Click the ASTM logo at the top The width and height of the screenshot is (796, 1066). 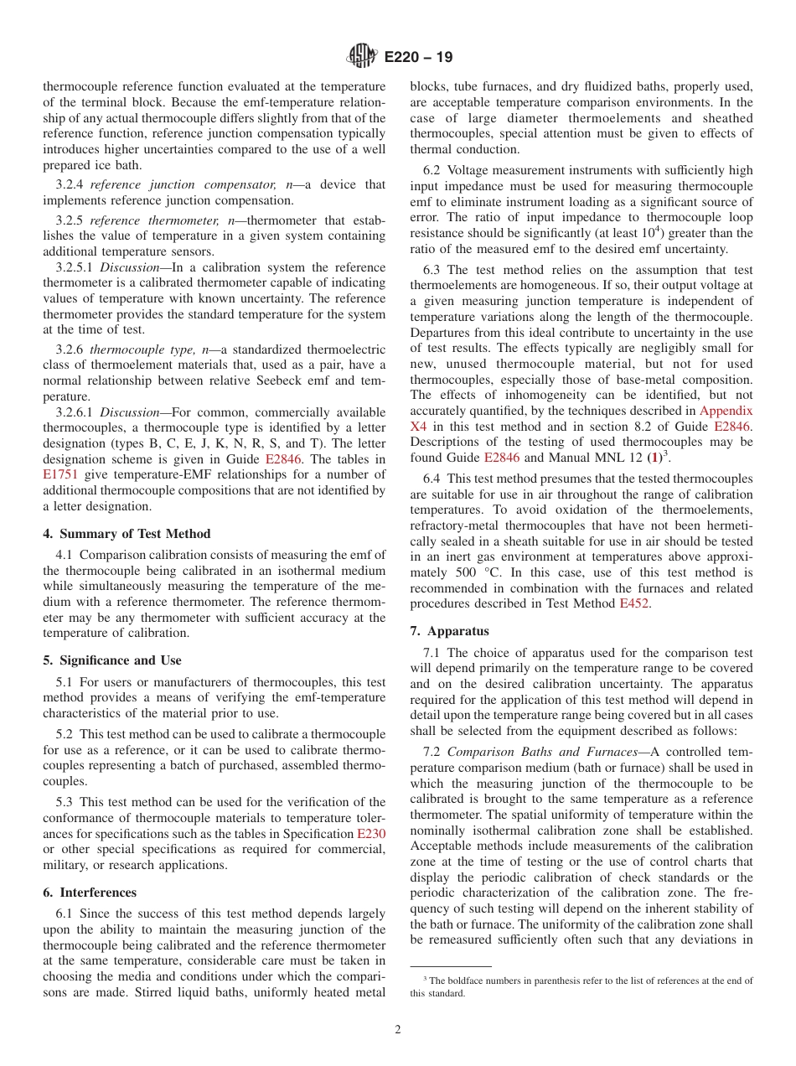click(363, 56)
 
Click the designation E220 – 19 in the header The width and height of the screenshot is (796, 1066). click(419, 57)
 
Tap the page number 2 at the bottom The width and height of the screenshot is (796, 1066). click(398, 1029)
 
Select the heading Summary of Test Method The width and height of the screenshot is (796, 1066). click(127, 534)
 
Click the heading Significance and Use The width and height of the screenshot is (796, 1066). click(112, 660)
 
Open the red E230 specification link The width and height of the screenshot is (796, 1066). click(371, 834)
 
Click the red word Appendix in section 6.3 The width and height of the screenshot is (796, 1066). click(726, 411)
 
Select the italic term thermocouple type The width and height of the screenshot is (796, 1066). click(130, 349)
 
